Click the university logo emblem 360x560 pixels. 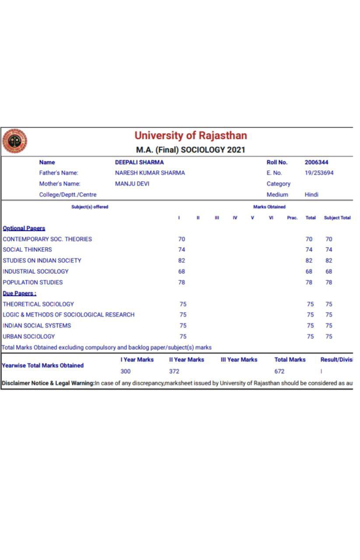14,141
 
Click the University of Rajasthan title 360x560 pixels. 190,135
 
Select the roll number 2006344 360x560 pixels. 316,162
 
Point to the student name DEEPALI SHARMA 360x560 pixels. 139,162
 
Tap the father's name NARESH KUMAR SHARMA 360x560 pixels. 150,173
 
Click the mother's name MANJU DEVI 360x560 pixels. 132,184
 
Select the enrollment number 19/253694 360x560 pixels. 319,173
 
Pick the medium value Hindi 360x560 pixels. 311,195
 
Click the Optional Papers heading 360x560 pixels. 24,228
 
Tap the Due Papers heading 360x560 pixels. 20,293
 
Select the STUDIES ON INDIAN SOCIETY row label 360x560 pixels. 42,260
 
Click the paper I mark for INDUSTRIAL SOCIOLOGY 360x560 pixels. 182,271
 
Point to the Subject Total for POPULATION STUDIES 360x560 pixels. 329,282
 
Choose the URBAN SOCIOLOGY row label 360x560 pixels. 29,336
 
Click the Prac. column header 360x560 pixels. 292,218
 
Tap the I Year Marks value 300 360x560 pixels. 126,371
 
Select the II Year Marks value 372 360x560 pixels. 174,371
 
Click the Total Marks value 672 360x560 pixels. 279,371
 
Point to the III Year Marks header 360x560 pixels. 239,360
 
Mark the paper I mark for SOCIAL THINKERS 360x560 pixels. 182,249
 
